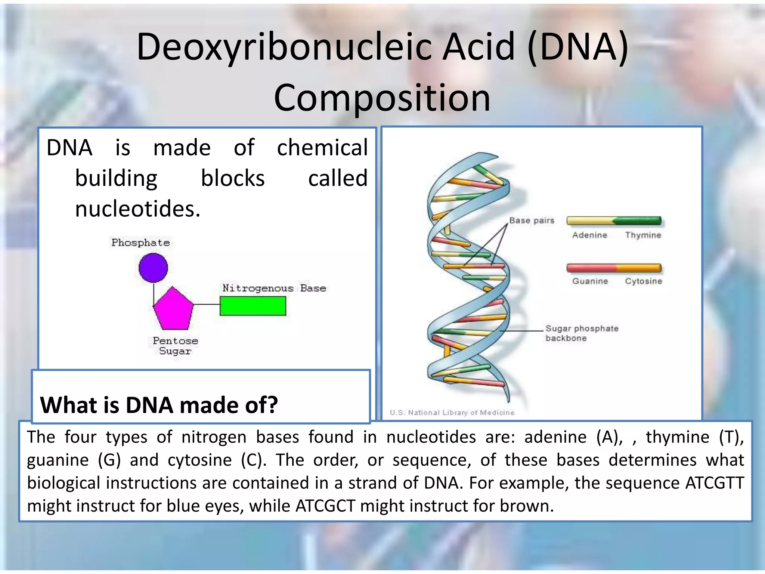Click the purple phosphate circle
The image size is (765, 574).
(153, 268)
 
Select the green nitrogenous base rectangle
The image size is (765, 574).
(253, 306)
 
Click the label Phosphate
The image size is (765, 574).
(140, 243)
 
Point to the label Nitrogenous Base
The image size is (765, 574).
(274, 288)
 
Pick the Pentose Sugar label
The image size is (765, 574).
(175, 346)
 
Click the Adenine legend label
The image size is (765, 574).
(589, 235)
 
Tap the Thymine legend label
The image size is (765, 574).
(643, 235)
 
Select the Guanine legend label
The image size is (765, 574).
(590, 281)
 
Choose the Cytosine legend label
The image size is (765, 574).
(643, 281)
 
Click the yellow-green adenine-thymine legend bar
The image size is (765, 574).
(614, 221)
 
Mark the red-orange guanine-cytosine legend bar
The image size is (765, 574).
(614, 268)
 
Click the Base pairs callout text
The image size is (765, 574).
(532, 220)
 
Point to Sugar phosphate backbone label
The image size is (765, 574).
(581, 333)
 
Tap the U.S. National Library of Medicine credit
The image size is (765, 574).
(452, 413)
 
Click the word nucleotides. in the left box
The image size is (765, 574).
(137, 209)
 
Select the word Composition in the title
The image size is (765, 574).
(382, 98)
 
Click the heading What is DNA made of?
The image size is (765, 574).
(159, 405)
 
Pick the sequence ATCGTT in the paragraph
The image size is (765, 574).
(714, 483)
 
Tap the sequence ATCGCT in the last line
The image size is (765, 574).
(325, 506)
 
